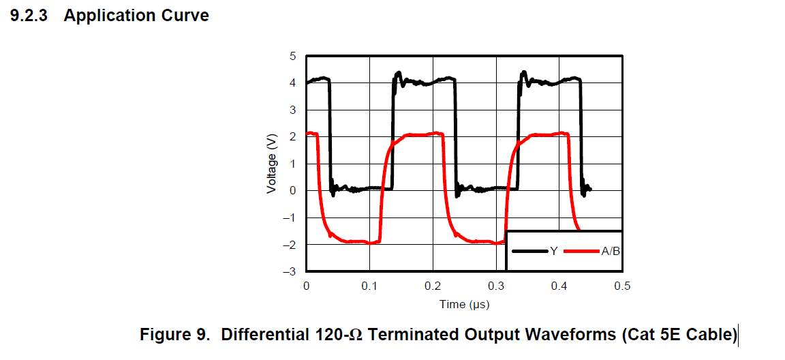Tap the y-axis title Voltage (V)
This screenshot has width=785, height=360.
[271, 163]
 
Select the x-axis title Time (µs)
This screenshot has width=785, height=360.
[464, 304]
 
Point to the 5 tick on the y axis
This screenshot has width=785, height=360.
[292, 56]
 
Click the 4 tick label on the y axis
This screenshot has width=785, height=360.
[292, 83]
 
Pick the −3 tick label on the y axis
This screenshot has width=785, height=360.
[290, 271]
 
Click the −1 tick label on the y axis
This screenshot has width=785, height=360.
[290, 217]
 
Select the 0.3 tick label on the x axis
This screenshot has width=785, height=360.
[496, 286]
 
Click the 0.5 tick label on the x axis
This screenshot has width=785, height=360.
[622, 286]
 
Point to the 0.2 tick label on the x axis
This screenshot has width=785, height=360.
[433, 286]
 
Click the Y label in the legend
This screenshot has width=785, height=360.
[554, 252]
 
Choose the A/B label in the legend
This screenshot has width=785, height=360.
[610, 252]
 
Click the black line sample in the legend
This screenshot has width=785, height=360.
[530, 252]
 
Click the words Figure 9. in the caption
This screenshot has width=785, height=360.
[176, 335]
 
